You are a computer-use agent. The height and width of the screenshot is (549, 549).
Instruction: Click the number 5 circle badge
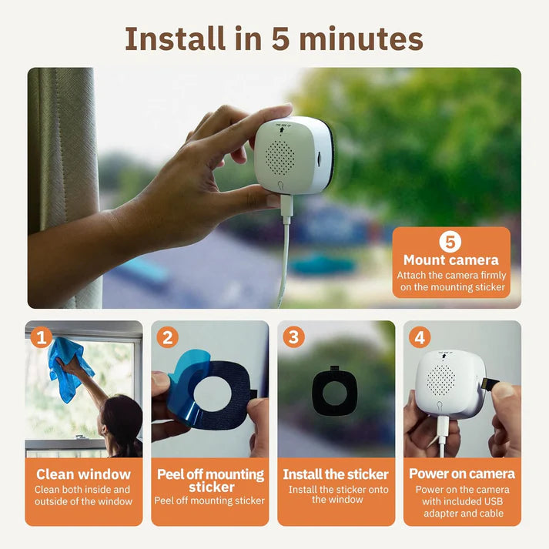click(451, 242)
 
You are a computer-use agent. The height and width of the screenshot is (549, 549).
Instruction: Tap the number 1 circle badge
click(42, 337)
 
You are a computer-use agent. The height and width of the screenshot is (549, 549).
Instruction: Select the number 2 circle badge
click(168, 337)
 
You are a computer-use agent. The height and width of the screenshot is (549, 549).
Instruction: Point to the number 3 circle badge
click(293, 337)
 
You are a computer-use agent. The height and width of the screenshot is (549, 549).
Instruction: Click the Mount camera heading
click(451, 260)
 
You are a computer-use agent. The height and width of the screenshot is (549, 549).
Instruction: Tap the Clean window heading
click(83, 474)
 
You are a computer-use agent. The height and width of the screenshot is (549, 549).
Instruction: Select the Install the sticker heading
click(336, 474)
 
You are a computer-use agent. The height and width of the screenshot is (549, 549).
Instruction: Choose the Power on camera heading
click(461, 474)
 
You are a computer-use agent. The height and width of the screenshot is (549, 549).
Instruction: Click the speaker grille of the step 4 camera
click(440, 377)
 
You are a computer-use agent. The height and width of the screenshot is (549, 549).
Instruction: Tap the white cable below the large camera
click(284, 254)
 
